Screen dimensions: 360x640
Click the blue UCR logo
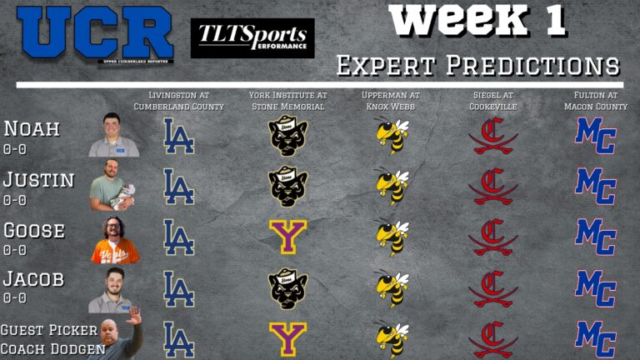click(x=95, y=34)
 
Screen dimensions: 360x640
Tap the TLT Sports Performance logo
click(x=252, y=37)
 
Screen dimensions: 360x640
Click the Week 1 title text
click(x=477, y=21)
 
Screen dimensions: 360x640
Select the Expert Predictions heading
click(x=477, y=65)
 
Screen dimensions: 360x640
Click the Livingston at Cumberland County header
click(x=179, y=100)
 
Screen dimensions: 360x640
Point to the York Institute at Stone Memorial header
click(x=287, y=100)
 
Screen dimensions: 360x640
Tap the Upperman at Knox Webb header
click(x=391, y=100)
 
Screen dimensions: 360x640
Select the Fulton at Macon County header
click(x=594, y=100)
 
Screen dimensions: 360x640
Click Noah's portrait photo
click(x=113, y=134)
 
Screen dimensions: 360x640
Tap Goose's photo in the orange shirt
click(x=114, y=239)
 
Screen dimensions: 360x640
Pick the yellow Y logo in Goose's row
click(x=287, y=237)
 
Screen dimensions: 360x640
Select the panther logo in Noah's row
click(x=287, y=136)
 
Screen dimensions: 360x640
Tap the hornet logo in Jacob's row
click(x=392, y=288)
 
